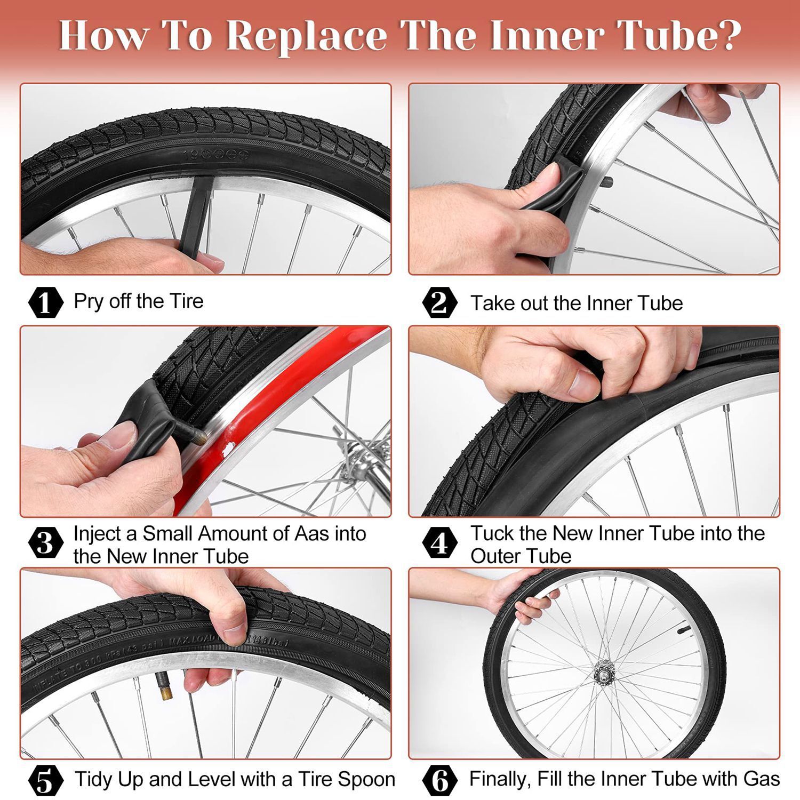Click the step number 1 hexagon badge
45,302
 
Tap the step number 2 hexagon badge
439,302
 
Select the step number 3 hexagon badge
45,543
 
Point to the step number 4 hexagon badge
439,543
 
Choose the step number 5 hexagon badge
45,780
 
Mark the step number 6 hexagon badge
439,780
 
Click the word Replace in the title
307,36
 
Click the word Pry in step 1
88,302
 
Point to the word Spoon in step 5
369,779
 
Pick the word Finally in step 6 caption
499,779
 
